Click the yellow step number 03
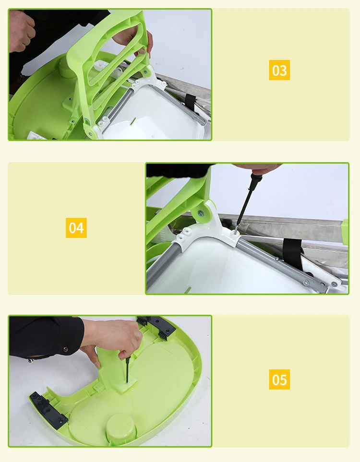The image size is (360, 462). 279,70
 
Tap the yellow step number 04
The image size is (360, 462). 76,228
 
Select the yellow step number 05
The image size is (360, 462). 279,379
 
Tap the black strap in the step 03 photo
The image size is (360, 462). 191,101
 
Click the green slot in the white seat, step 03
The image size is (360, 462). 133,121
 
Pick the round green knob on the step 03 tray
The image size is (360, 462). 67,67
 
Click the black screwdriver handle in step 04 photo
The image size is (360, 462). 253,182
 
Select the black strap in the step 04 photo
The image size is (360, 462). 293,254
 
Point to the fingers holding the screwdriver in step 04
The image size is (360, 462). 260,169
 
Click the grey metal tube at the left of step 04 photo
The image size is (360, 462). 164,262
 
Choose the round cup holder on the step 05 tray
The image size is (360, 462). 121,427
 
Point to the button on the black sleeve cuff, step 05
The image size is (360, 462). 65,349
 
